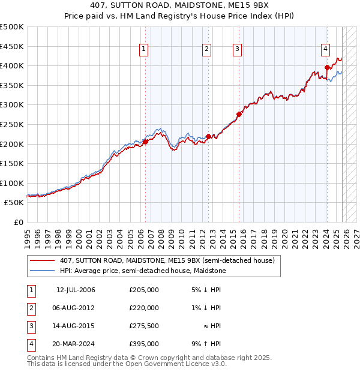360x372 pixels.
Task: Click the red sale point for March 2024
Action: pyautogui.click(x=327, y=67)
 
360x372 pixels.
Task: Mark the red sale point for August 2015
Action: pyautogui.click(x=239, y=114)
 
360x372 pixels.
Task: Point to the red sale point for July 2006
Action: pyautogui.click(x=145, y=142)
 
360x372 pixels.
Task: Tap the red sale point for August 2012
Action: pyautogui.click(x=208, y=136)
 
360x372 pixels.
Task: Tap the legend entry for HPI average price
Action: pyautogui.click(x=142, y=271)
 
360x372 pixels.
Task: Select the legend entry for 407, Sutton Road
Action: pyautogui.click(x=167, y=260)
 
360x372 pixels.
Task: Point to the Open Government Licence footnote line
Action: pyautogui.click(x=127, y=364)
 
